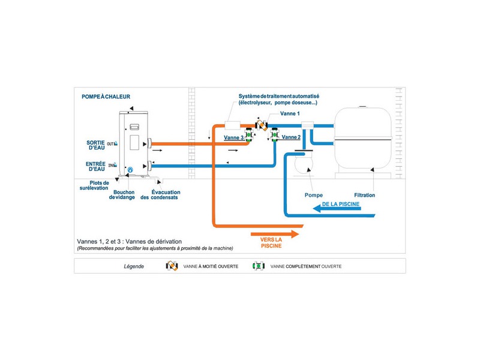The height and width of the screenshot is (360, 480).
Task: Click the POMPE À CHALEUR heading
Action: [106, 97]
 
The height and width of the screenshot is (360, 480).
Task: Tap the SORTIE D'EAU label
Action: [95, 145]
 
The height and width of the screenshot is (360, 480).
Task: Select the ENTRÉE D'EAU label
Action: [95, 167]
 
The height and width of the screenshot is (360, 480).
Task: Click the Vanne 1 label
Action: [290, 113]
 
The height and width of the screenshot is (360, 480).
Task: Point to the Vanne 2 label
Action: [291, 137]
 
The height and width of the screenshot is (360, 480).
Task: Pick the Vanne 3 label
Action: [233, 138]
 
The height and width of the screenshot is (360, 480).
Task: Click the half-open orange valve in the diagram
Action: [262, 125]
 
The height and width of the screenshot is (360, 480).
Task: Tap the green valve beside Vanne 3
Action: [248, 135]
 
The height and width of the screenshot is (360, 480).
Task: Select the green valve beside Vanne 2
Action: [275, 135]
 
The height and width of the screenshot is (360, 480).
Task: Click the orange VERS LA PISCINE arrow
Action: [275, 234]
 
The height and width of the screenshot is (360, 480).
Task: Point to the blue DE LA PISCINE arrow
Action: [337, 209]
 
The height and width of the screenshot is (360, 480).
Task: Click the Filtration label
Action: [364, 195]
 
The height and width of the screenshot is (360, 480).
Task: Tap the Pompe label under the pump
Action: [313, 195]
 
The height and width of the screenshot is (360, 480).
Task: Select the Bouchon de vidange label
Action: [122, 194]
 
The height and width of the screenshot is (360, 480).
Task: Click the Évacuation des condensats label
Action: [160, 194]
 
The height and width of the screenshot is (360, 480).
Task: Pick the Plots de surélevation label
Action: [94, 185]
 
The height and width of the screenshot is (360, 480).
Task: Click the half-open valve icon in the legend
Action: [172, 266]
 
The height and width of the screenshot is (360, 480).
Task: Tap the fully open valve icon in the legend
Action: [259, 266]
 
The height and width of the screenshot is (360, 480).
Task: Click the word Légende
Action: [134, 266]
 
